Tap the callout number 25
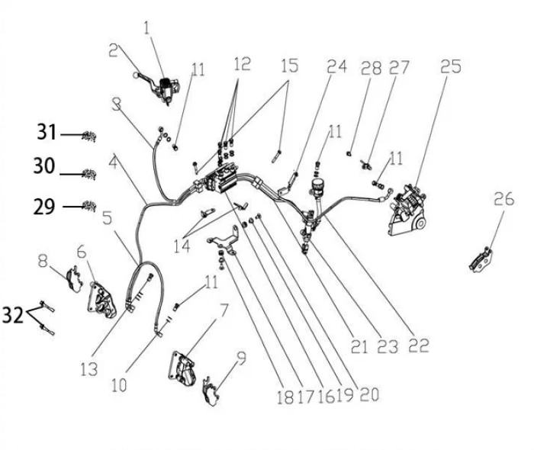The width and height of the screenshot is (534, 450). click(x=450, y=66)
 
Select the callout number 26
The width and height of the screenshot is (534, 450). click(x=503, y=200)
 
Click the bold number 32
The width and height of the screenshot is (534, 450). click(x=14, y=315)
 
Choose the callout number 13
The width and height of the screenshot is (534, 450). click(x=89, y=369)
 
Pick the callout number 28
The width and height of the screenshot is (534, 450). click(x=372, y=67)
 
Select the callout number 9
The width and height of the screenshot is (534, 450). click(x=242, y=355)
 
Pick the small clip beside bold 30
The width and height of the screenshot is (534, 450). click(x=89, y=174)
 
